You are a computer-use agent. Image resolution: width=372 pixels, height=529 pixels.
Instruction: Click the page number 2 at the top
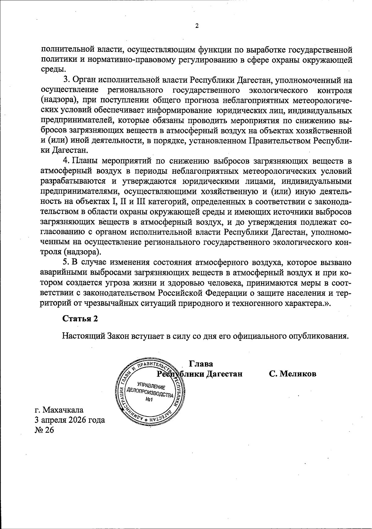coord(196,26)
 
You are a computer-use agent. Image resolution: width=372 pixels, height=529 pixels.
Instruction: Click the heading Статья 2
coord(80,319)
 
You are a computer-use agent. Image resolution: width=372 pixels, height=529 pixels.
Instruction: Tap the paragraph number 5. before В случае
coord(67,262)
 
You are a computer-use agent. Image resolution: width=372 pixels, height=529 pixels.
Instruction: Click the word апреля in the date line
coord(53,420)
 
